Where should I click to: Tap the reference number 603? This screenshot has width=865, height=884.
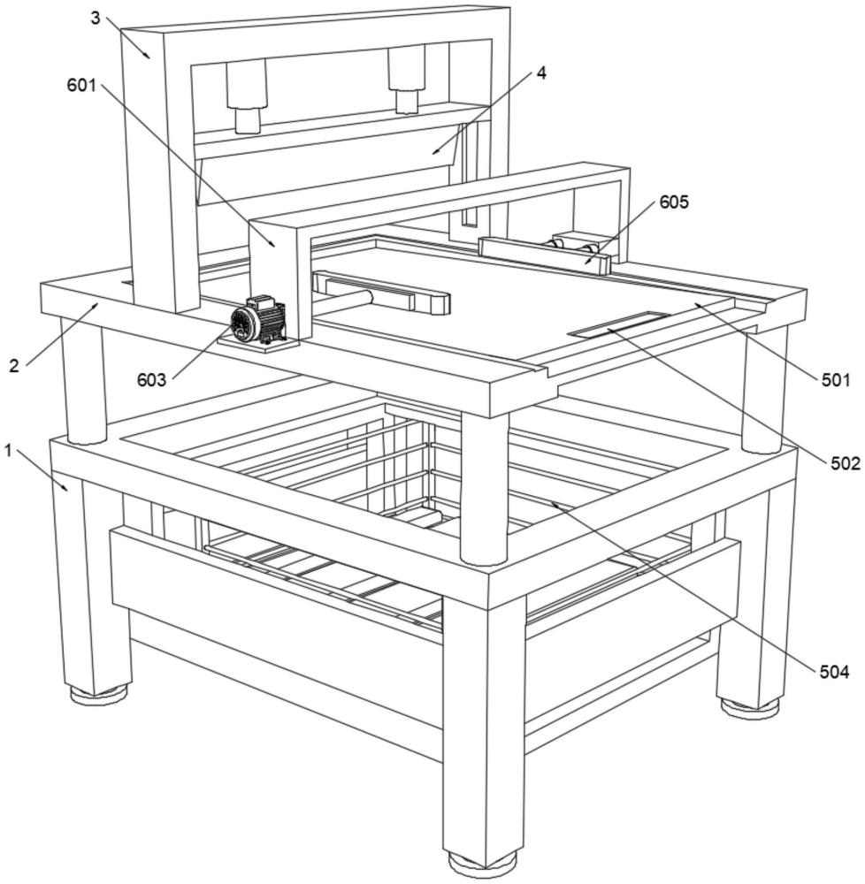[151, 379]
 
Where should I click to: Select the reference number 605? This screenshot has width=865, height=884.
[673, 202]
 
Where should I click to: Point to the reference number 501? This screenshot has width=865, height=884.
[835, 381]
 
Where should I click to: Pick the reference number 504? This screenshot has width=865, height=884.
[833, 673]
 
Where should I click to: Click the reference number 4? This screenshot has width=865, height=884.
[540, 73]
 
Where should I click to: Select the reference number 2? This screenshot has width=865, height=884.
[14, 365]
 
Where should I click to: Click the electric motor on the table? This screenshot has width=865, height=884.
[257, 321]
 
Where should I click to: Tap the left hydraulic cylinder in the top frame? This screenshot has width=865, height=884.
[246, 96]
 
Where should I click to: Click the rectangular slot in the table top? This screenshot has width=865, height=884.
[619, 324]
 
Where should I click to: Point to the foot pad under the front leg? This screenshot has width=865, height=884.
[481, 862]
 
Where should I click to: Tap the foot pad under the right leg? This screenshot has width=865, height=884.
[750, 705]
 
